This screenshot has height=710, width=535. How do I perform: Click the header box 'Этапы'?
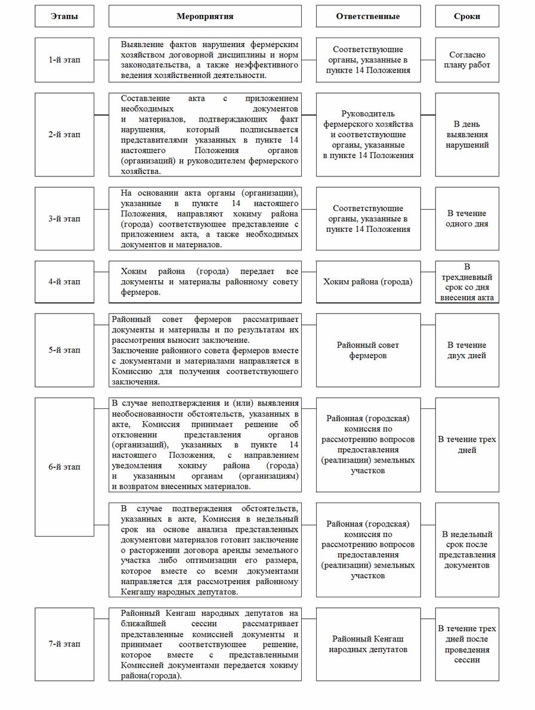click(64, 17)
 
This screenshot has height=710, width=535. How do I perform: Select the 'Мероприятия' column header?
click(205, 17)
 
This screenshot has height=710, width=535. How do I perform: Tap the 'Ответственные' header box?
click(367, 17)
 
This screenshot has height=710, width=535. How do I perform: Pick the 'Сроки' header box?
click(466, 17)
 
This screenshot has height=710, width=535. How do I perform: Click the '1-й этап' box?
click(64, 60)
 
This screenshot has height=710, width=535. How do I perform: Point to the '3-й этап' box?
click(64, 219)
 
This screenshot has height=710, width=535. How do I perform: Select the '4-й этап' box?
click(64, 281)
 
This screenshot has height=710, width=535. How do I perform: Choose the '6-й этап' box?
click(64, 467)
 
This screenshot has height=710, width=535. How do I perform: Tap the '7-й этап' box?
click(64, 644)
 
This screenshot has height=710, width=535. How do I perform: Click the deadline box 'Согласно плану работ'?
click(466, 60)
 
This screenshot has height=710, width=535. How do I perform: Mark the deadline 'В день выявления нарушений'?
click(466, 134)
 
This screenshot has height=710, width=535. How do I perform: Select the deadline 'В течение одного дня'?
click(466, 219)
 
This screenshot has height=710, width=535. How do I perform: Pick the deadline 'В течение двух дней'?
click(466, 350)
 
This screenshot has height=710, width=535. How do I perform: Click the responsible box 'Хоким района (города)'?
click(367, 282)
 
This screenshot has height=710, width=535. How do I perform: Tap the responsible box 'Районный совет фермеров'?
click(367, 350)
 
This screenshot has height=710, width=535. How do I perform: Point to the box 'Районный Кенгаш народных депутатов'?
click(367, 644)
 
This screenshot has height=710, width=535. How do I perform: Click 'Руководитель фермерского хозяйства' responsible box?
click(367, 134)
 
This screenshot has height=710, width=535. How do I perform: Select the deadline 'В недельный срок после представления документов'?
click(466, 549)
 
